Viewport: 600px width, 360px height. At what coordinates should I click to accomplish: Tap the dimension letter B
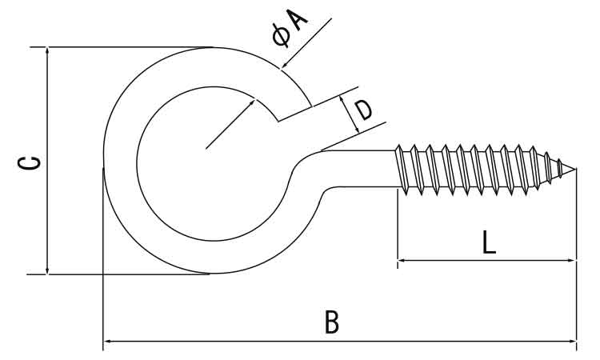[332, 322]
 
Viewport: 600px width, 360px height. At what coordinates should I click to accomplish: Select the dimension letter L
[489, 242]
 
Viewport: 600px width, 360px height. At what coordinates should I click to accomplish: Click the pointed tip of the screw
[574, 168]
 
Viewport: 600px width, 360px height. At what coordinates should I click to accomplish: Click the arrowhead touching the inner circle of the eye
[252, 102]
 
